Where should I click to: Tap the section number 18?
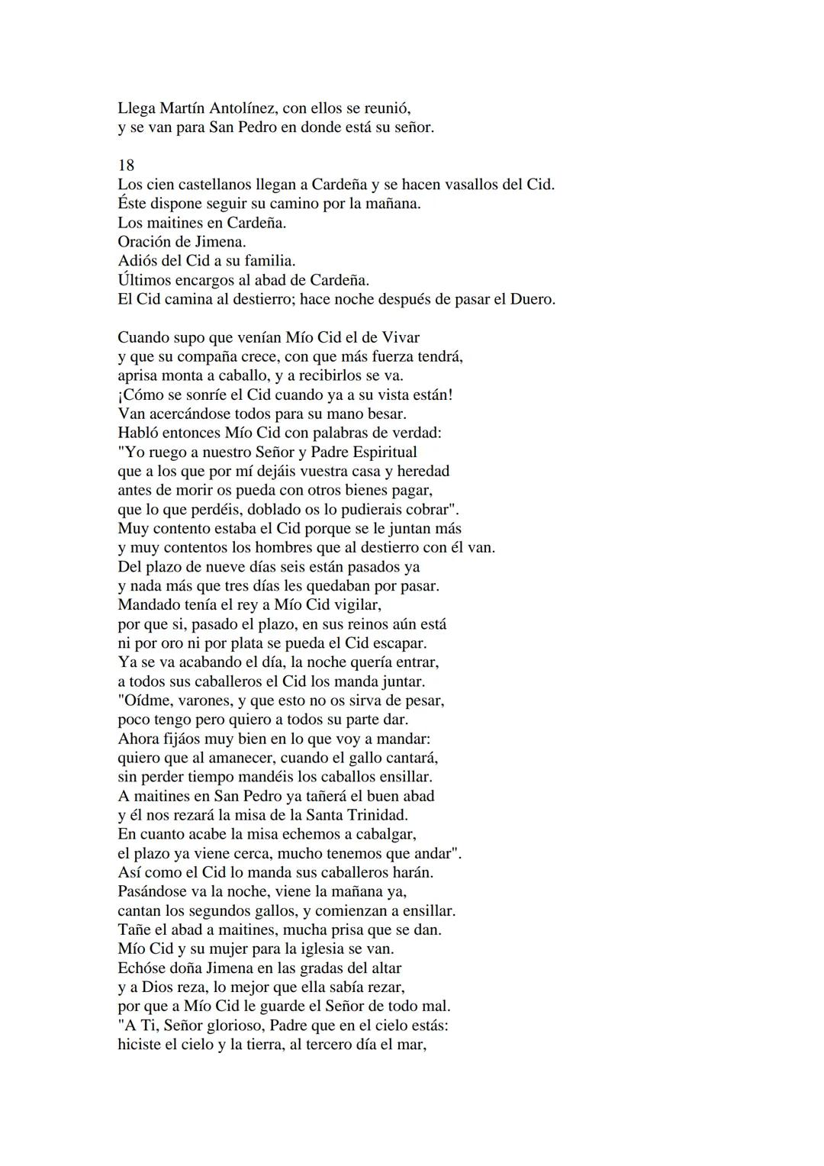[x=126, y=166]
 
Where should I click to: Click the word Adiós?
[x=139, y=261]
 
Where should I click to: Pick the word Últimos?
[x=146, y=280]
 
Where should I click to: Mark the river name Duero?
[x=531, y=299]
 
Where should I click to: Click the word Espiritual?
[x=381, y=452]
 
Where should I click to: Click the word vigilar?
[x=354, y=605]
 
